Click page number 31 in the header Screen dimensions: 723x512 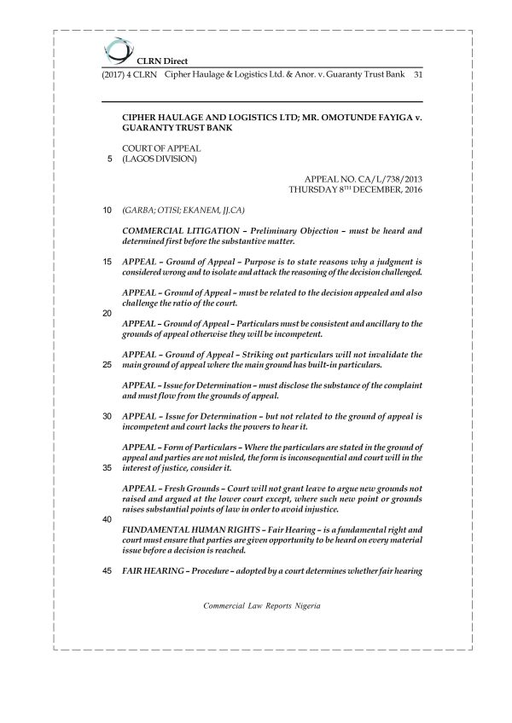(x=418, y=75)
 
